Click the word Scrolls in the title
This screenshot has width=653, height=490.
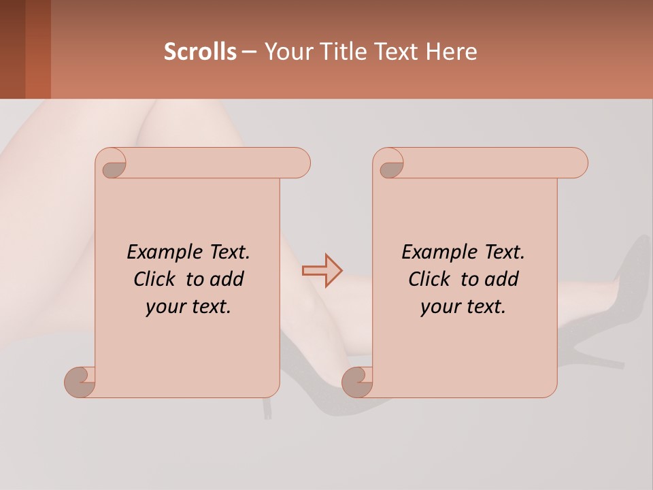[200, 52]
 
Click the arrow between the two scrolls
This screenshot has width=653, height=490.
[322, 271]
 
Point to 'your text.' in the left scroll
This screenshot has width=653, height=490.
[188, 306]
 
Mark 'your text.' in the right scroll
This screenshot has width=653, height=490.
[463, 306]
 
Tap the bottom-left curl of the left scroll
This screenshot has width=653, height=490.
[80, 381]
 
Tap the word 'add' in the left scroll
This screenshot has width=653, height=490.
[227, 279]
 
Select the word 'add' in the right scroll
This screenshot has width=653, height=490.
[502, 279]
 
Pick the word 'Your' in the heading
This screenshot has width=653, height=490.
[286, 52]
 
